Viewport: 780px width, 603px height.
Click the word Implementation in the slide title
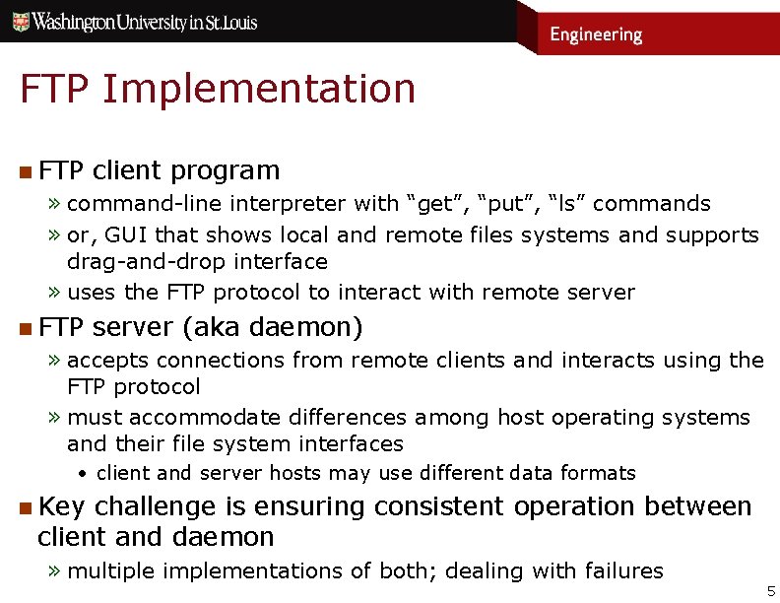(x=258, y=90)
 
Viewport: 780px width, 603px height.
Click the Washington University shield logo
(x=17, y=21)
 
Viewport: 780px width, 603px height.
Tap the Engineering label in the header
(x=595, y=34)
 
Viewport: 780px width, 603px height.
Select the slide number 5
(x=771, y=591)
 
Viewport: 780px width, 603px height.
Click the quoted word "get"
(x=434, y=204)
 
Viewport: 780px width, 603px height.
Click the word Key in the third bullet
(x=62, y=507)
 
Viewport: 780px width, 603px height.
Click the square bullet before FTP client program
(x=24, y=172)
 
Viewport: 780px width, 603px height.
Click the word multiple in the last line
(x=111, y=571)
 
